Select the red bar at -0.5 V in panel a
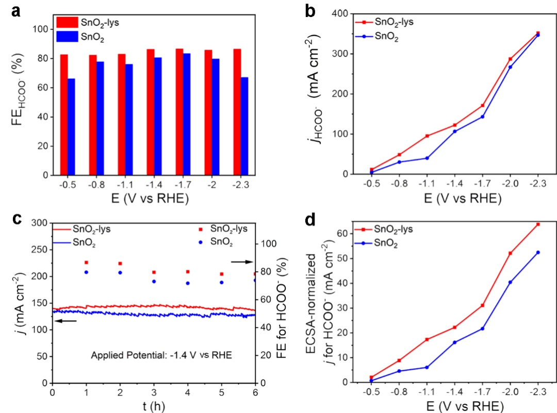(x=64, y=114)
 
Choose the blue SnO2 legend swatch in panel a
(x=65, y=36)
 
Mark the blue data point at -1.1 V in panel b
(x=427, y=158)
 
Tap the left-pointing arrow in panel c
(x=65, y=321)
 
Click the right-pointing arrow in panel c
(x=241, y=262)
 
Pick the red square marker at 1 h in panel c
(x=86, y=262)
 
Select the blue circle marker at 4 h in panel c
(x=188, y=283)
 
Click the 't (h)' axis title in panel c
(x=154, y=405)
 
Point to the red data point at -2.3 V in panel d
(x=538, y=224)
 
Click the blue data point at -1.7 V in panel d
(x=483, y=328)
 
